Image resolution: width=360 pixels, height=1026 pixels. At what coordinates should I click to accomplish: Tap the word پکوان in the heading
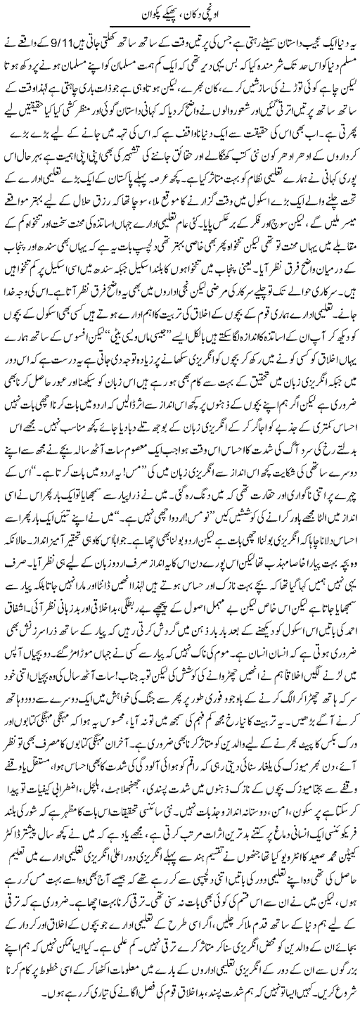click(x=144, y=12)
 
